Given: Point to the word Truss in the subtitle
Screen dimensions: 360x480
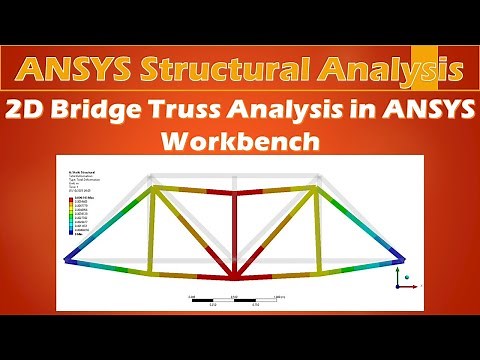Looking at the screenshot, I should tap(176, 112).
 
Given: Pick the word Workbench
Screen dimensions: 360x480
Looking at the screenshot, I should tap(239, 140).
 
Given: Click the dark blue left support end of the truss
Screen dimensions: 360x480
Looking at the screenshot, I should tap(68, 260).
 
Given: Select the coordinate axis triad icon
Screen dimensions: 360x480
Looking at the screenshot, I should tap(399, 281).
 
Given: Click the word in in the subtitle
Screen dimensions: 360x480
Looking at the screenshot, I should tap(368, 112).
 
